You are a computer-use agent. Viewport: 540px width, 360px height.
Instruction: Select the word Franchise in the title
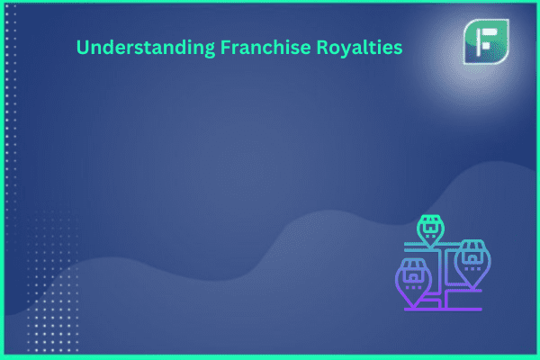[x=265, y=47]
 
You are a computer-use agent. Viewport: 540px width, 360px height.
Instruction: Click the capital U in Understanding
[x=83, y=48]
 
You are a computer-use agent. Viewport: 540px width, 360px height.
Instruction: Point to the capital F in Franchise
[x=226, y=47]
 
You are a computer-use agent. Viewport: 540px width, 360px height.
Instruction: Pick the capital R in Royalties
[x=321, y=47]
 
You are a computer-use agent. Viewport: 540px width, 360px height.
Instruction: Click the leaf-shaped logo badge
[x=486, y=41]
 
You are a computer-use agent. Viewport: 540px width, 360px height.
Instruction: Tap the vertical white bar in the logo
[x=478, y=42]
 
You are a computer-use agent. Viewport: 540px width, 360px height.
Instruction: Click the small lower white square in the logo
[x=486, y=46]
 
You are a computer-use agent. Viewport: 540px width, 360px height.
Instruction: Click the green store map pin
[x=430, y=230]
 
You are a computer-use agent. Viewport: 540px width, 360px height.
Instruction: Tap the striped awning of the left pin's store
[x=412, y=265]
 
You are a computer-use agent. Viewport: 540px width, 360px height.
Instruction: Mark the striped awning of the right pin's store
[x=472, y=246]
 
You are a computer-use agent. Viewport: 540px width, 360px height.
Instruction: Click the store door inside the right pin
[x=472, y=258]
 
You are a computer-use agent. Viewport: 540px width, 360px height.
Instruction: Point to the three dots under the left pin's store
[x=413, y=287]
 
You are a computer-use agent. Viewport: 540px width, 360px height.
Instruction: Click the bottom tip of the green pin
[x=430, y=247]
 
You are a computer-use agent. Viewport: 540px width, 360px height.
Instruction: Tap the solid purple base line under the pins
[x=443, y=310]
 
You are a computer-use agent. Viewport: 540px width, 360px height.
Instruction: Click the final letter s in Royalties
[x=398, y=49]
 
